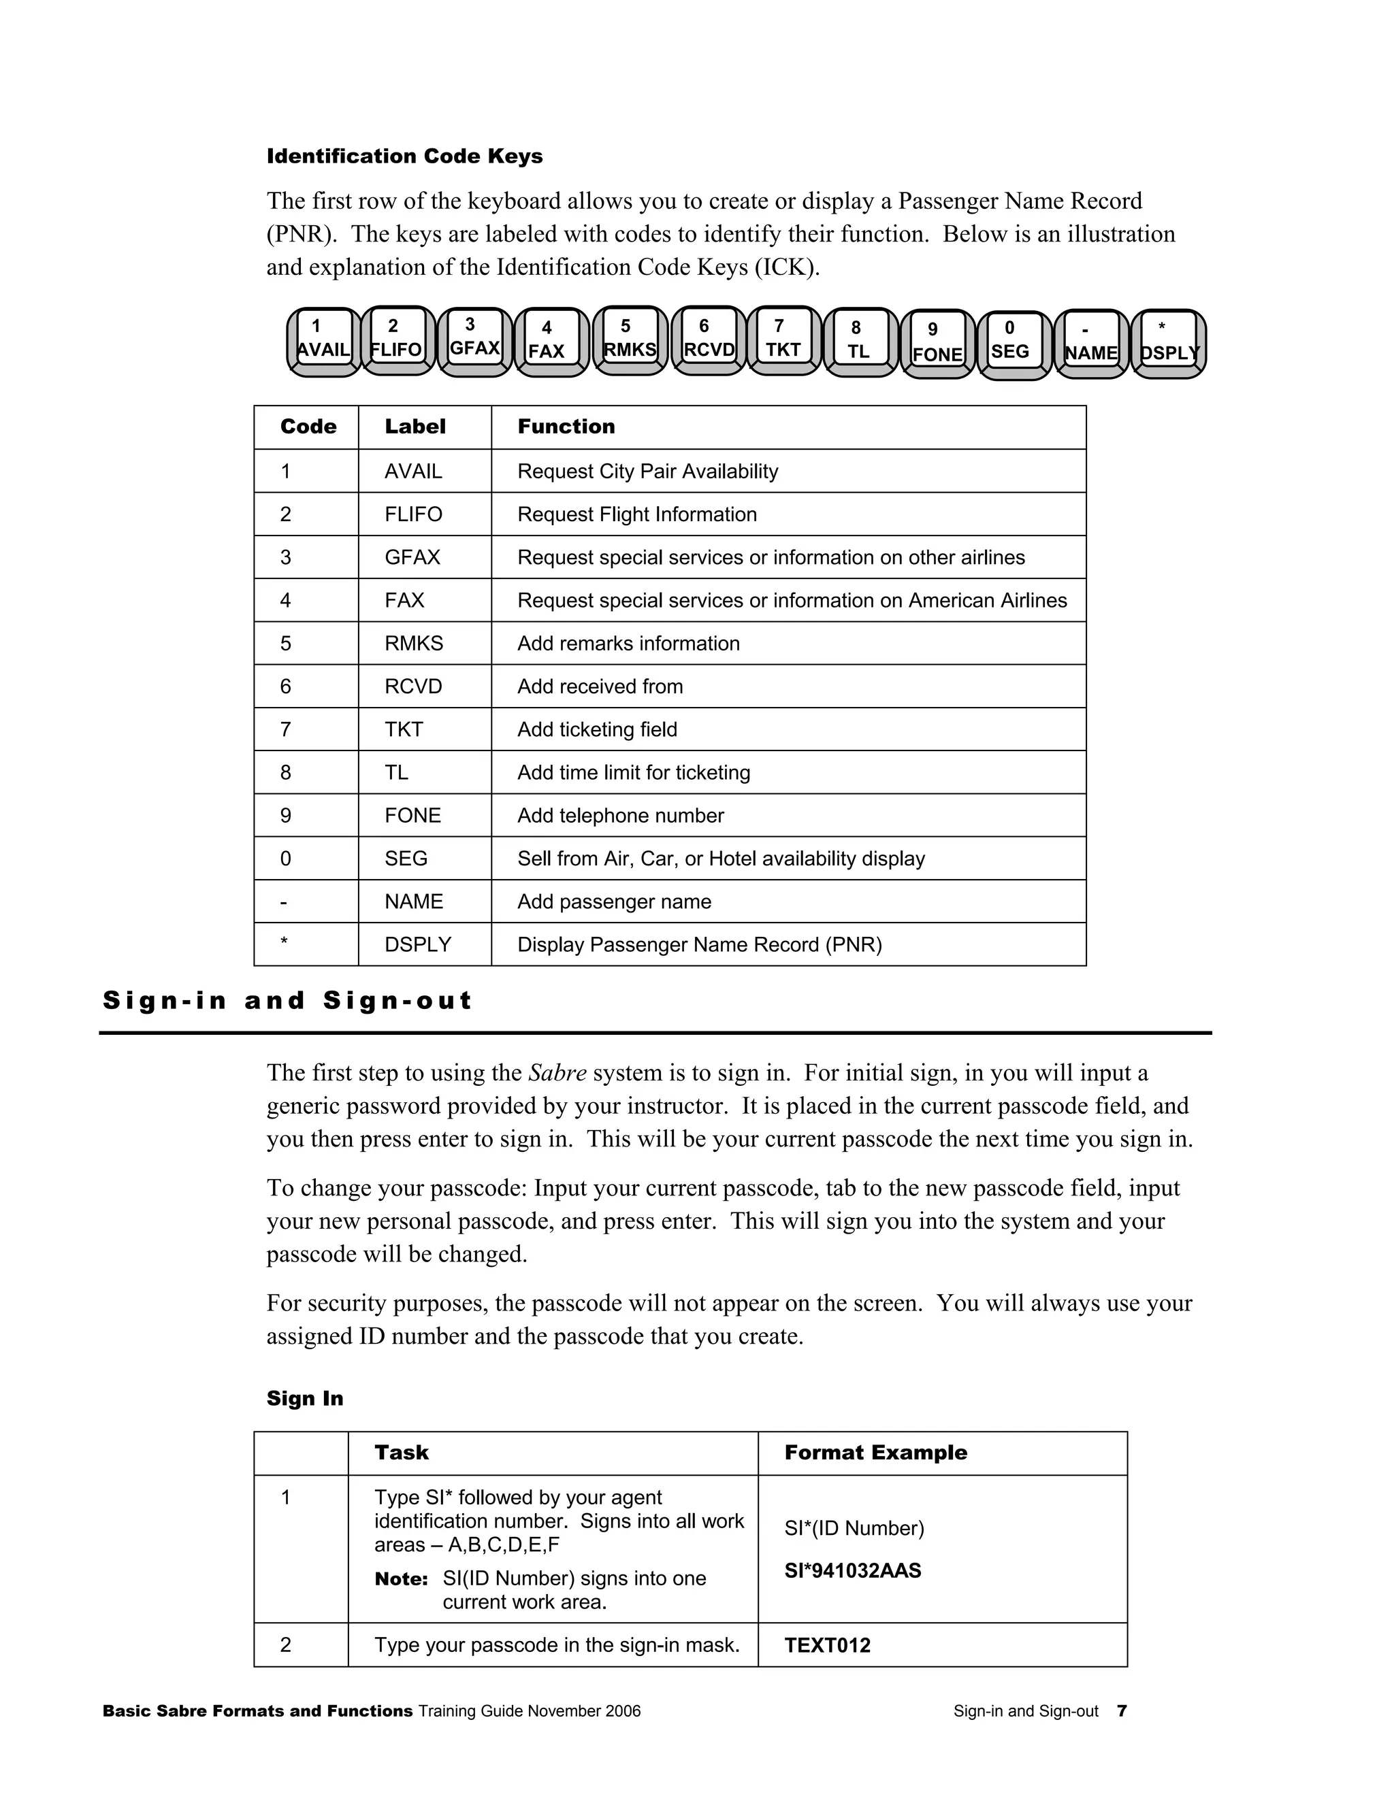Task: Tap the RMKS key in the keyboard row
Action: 630,340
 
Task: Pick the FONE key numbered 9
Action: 937,343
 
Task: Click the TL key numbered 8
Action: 859,341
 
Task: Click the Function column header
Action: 566,427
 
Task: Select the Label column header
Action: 415,427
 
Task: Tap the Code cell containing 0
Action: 286,859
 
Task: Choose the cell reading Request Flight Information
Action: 636,514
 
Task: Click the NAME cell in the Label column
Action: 414,901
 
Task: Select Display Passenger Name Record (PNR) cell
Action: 700,944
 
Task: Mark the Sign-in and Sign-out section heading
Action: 287,1001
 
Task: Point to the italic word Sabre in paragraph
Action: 557,1073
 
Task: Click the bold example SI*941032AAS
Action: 852,1570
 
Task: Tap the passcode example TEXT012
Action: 826,1645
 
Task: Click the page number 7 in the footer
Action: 1122,1711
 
